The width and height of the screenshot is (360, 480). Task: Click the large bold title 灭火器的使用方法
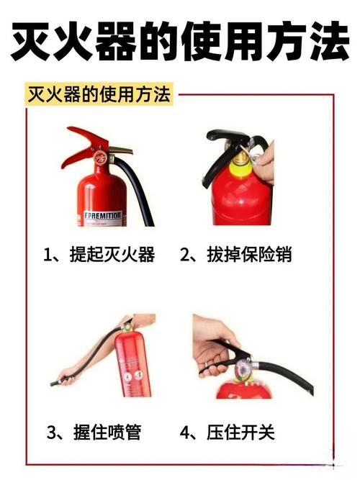pos(180,41)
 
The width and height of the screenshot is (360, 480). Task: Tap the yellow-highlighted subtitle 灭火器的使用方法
pos(99,94)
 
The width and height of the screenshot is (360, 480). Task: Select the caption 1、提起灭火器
pos(99,254)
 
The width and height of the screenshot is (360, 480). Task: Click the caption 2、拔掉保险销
pos(235,254)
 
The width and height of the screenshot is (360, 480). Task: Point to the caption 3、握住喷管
pos(94,432)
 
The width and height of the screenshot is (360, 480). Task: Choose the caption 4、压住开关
pos(227,432)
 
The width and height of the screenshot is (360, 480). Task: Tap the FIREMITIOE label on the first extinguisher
pos(103,215)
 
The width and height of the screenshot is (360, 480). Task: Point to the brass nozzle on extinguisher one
pos(122,150)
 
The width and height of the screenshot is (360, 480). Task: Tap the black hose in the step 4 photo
pos(284,374)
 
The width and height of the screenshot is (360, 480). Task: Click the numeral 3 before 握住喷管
pos(51,433)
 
